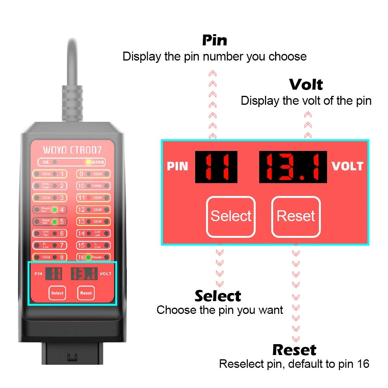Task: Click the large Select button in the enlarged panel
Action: click(231, 217)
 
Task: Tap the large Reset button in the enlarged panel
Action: click(296, 217)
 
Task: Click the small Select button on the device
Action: click(57, 293)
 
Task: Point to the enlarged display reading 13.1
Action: click(293, 167)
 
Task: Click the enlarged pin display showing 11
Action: click(216, 167)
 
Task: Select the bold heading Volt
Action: click(306, 85)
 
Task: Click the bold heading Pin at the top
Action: click(215, 40)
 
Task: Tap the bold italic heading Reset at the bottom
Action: click(294, 350)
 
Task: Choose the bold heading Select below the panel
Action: click(218, 296)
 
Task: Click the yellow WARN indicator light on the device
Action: click(88, 162)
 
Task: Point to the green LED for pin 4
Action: click(55, 210)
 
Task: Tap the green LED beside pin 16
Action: click(88, 257)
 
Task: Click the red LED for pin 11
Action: click(88, 198)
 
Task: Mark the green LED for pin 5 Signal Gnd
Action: click(55, 222)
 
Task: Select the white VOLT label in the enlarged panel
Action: click(347, 166)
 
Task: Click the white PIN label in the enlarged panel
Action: click(177, 166)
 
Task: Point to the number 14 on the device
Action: click(81, 234)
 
